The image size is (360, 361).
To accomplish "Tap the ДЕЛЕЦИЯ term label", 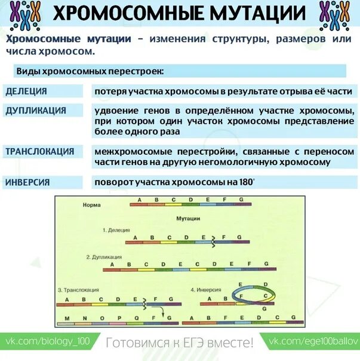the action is pyautogui.click(x=26, y=91).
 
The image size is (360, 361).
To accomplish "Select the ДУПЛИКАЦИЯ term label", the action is pyautogui.click(x=36, y=111).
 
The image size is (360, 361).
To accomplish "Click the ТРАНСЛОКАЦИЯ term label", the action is pyautogui.click(x=40, y=151).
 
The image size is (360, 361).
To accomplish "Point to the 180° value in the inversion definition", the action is pyautogui.click(x=245, y=182).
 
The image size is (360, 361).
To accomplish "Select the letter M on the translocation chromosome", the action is pyautogui.click(x=67, y=317).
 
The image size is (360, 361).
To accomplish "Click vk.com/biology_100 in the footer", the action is pyautogui.click(x=48, y=342).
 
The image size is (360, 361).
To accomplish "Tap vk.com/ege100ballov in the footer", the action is pyautogui.click(x=314, y=342).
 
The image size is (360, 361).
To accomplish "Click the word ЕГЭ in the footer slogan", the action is pyautogui.click(x=193, y=342).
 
